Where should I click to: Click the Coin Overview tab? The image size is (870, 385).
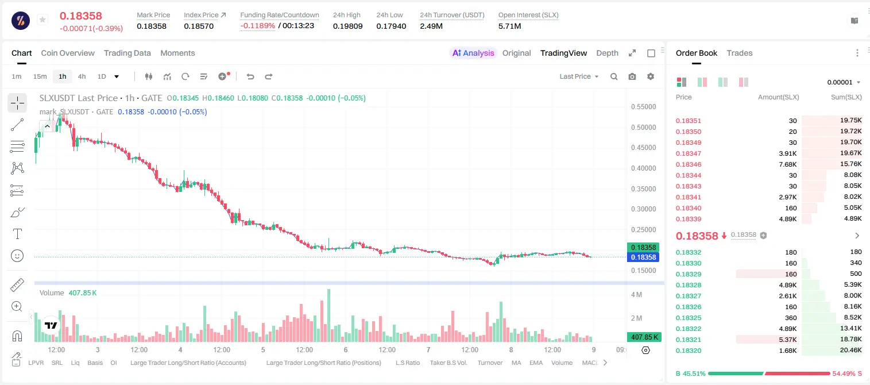point(68,53)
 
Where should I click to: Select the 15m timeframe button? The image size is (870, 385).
point(40,76)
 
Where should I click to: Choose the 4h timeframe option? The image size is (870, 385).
point(82,76)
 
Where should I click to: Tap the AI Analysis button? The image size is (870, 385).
point(473,53)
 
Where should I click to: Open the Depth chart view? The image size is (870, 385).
point(607,53)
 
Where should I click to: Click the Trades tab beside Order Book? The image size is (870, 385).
point(740,53)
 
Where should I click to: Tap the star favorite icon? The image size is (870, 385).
point(42,20)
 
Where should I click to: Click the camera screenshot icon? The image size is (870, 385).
point(632,76)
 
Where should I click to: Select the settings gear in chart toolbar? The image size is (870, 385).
point(651,76)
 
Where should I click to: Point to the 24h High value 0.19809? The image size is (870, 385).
point(347,26)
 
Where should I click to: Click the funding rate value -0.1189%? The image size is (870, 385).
point(257,26)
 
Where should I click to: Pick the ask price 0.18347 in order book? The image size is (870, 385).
point(688,153)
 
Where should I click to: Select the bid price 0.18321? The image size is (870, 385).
point(688,340)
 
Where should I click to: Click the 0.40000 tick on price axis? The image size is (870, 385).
point(644,168)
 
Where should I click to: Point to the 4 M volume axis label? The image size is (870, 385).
point(636,295)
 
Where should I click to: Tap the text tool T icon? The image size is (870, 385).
point(17,234)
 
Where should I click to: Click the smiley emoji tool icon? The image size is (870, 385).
point(17,256)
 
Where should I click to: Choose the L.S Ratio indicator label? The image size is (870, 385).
point(407,363)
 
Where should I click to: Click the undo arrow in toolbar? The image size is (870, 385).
point(250,76)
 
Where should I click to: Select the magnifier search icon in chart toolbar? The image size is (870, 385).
point(614,76)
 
